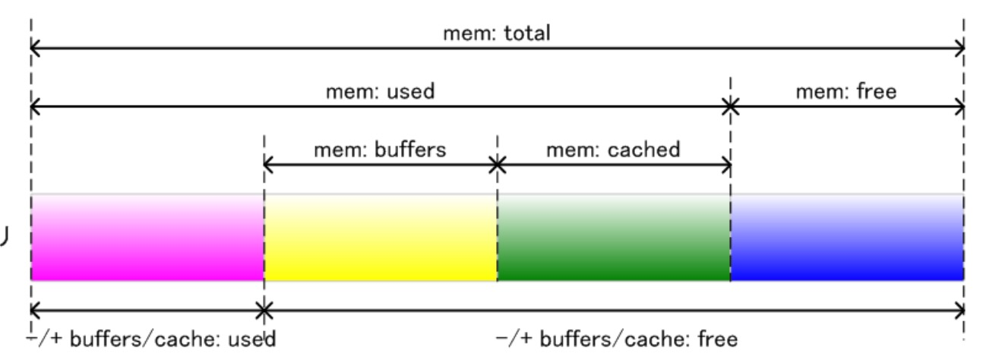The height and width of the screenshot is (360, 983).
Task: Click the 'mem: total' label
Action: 496,34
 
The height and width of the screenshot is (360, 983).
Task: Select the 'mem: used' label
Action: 380,93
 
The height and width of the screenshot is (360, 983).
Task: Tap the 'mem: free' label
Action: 846,93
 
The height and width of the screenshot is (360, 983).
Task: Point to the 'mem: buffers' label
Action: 381,150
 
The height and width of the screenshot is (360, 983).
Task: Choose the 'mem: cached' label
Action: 612,150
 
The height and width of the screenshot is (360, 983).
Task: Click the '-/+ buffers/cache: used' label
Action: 150,338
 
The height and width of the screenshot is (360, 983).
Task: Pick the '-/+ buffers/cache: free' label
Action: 616,338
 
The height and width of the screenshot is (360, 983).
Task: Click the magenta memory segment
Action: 147,237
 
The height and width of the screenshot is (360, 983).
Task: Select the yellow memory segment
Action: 381,237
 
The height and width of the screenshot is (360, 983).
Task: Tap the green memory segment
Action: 614,237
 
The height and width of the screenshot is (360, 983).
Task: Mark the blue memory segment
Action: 847,237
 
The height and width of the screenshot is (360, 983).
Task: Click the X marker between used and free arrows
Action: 730,107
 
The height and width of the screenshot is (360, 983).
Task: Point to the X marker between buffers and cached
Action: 497,164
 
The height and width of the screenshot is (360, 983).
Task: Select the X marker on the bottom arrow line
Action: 264,310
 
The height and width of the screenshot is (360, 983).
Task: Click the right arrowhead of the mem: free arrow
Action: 960,107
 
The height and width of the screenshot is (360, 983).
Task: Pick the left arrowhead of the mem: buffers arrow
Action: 267,164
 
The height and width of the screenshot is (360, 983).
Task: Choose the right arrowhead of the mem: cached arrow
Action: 726,164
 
